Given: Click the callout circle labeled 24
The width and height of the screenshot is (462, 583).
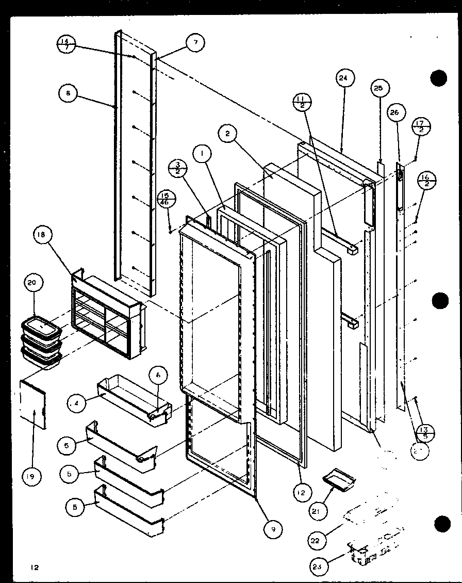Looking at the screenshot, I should pyautogui.click(x=343, y=78).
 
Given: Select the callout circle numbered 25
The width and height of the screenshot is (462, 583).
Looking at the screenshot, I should pyautogui.click(x=378, y=88).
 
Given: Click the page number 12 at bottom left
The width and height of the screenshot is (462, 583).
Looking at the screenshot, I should pyautogui.click(x=34, y=568).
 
